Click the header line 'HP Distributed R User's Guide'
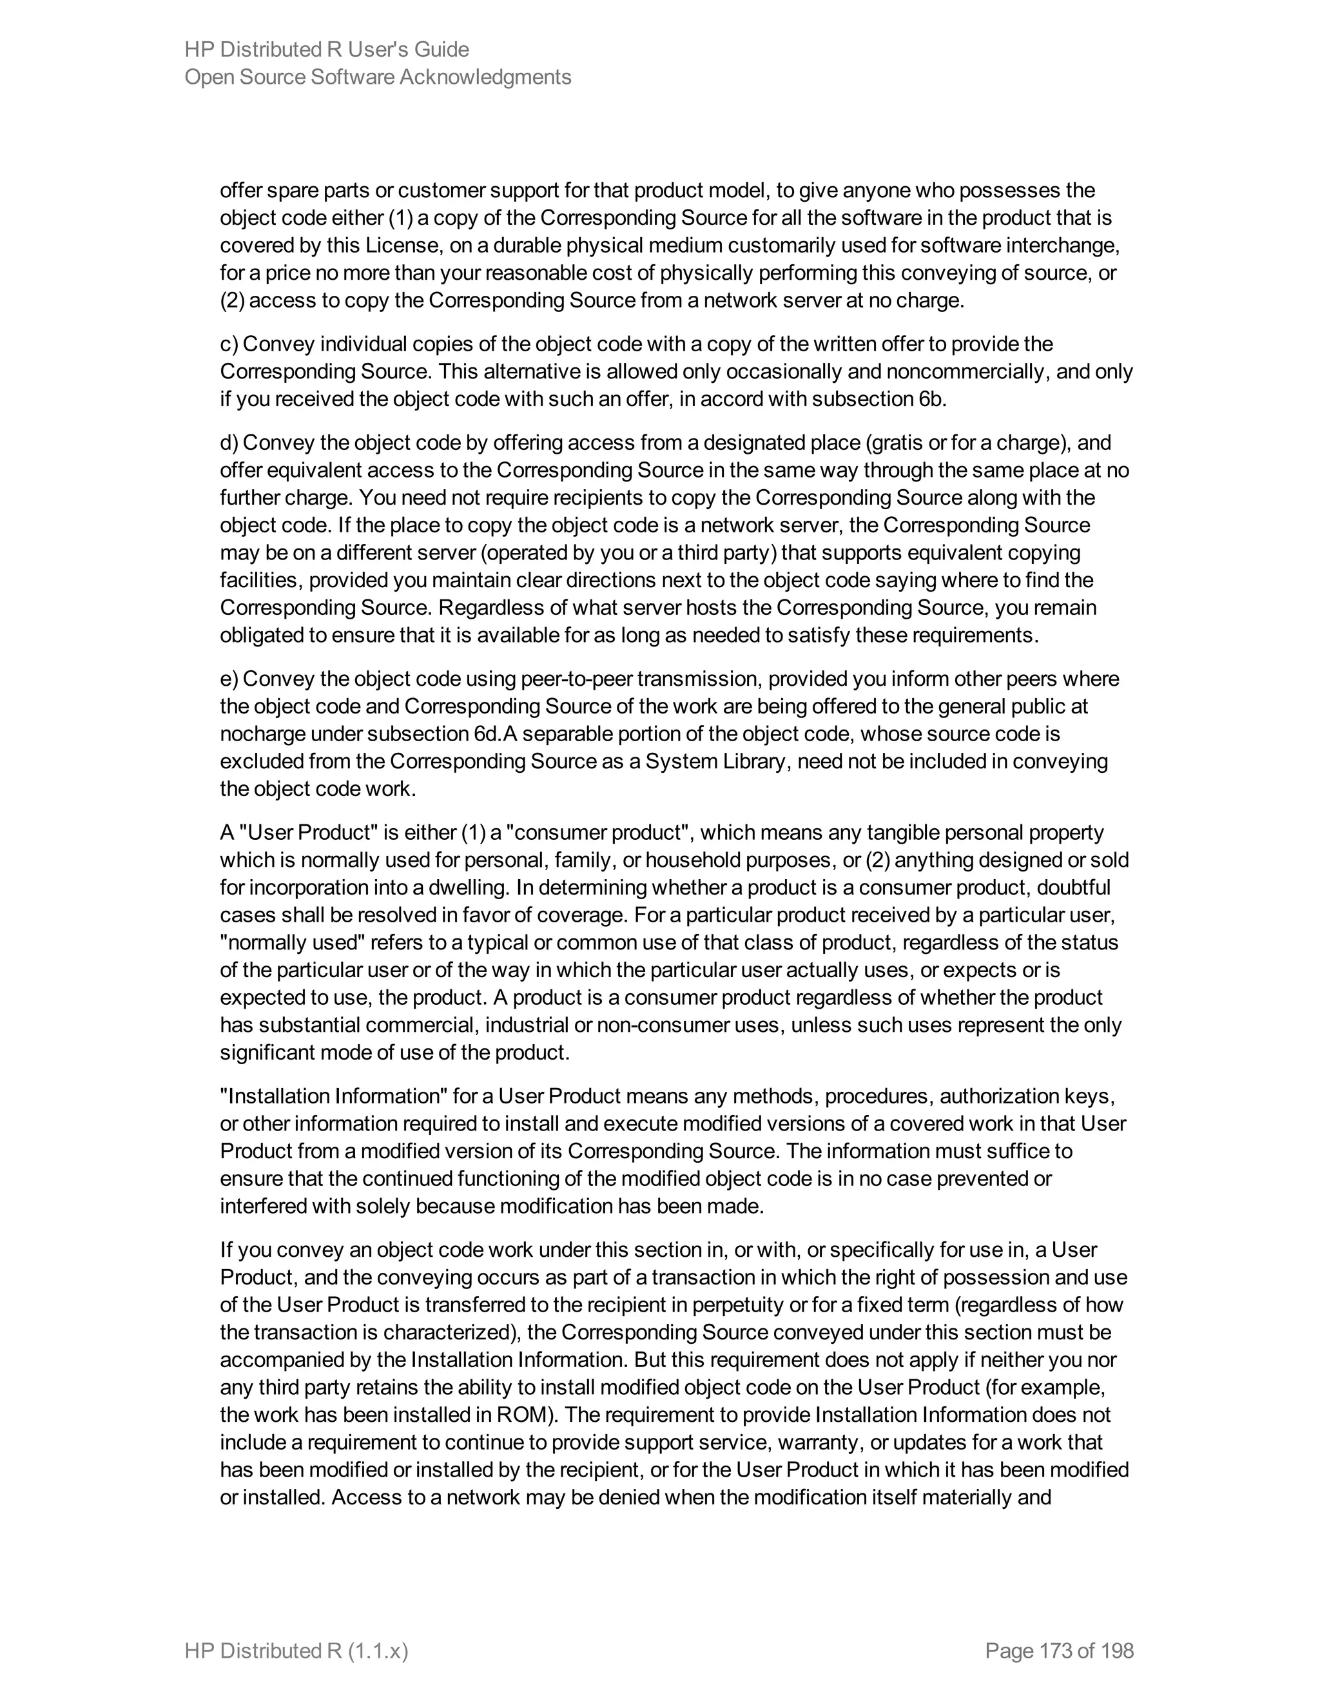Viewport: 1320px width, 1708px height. (x=327, y=50)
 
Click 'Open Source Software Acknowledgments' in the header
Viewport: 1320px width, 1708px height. (x=378, y=77)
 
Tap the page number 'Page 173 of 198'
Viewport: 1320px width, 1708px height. (x=1059, y=1651)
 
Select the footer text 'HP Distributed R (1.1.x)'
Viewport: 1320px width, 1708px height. (x=296, y=1651)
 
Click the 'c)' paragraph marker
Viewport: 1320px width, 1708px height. (x=228, y=344)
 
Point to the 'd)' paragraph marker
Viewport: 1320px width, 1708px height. (x=228, y=443)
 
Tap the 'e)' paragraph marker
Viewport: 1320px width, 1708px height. (x=228, y=679)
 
